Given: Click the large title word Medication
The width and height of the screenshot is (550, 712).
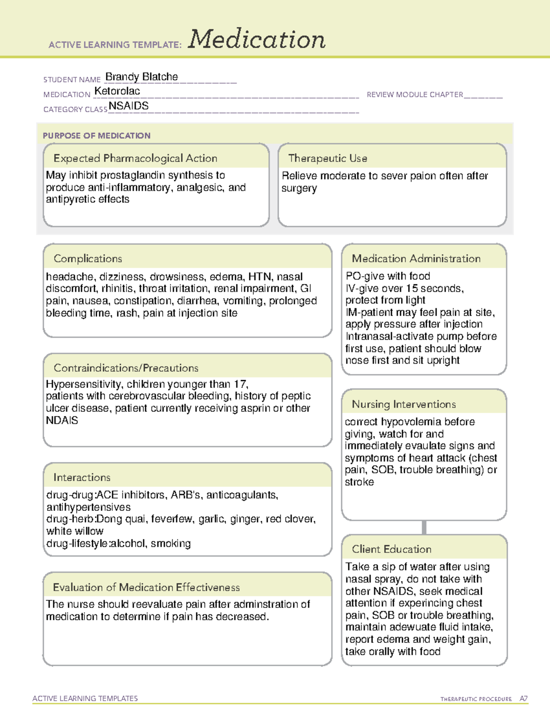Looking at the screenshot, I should (x=257, y=39).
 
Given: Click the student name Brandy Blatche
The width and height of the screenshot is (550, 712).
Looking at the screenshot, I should (x=142, y=77).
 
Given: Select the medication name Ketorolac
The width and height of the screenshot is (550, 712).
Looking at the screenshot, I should (x=117, y=91).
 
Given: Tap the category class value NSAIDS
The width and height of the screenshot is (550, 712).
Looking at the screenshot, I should (x=129, y=106).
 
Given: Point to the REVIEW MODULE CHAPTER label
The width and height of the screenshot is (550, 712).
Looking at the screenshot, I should (x=415, y=94).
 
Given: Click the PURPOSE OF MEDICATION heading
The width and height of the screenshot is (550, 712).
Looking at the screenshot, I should (x=97, y=136).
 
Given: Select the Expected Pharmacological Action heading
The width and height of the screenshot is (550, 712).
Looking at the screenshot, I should (x=135, y=158).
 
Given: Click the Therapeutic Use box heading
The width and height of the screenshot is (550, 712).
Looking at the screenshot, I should (x=328, y=158).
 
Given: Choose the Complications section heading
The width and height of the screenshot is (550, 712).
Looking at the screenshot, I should (x=88, y=259).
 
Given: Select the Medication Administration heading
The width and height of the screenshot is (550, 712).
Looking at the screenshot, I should (x=416, y=259).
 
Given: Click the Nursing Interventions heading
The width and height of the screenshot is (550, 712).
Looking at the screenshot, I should (x=404, y=404).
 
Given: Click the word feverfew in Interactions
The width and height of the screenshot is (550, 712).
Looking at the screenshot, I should (x=171, y=519).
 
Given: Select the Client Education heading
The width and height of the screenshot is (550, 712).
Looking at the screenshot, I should (x=392, y=549).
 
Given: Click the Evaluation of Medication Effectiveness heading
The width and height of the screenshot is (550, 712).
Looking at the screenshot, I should (x=146, y=587).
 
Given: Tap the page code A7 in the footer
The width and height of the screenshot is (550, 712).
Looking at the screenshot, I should (x=523, y=699).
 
